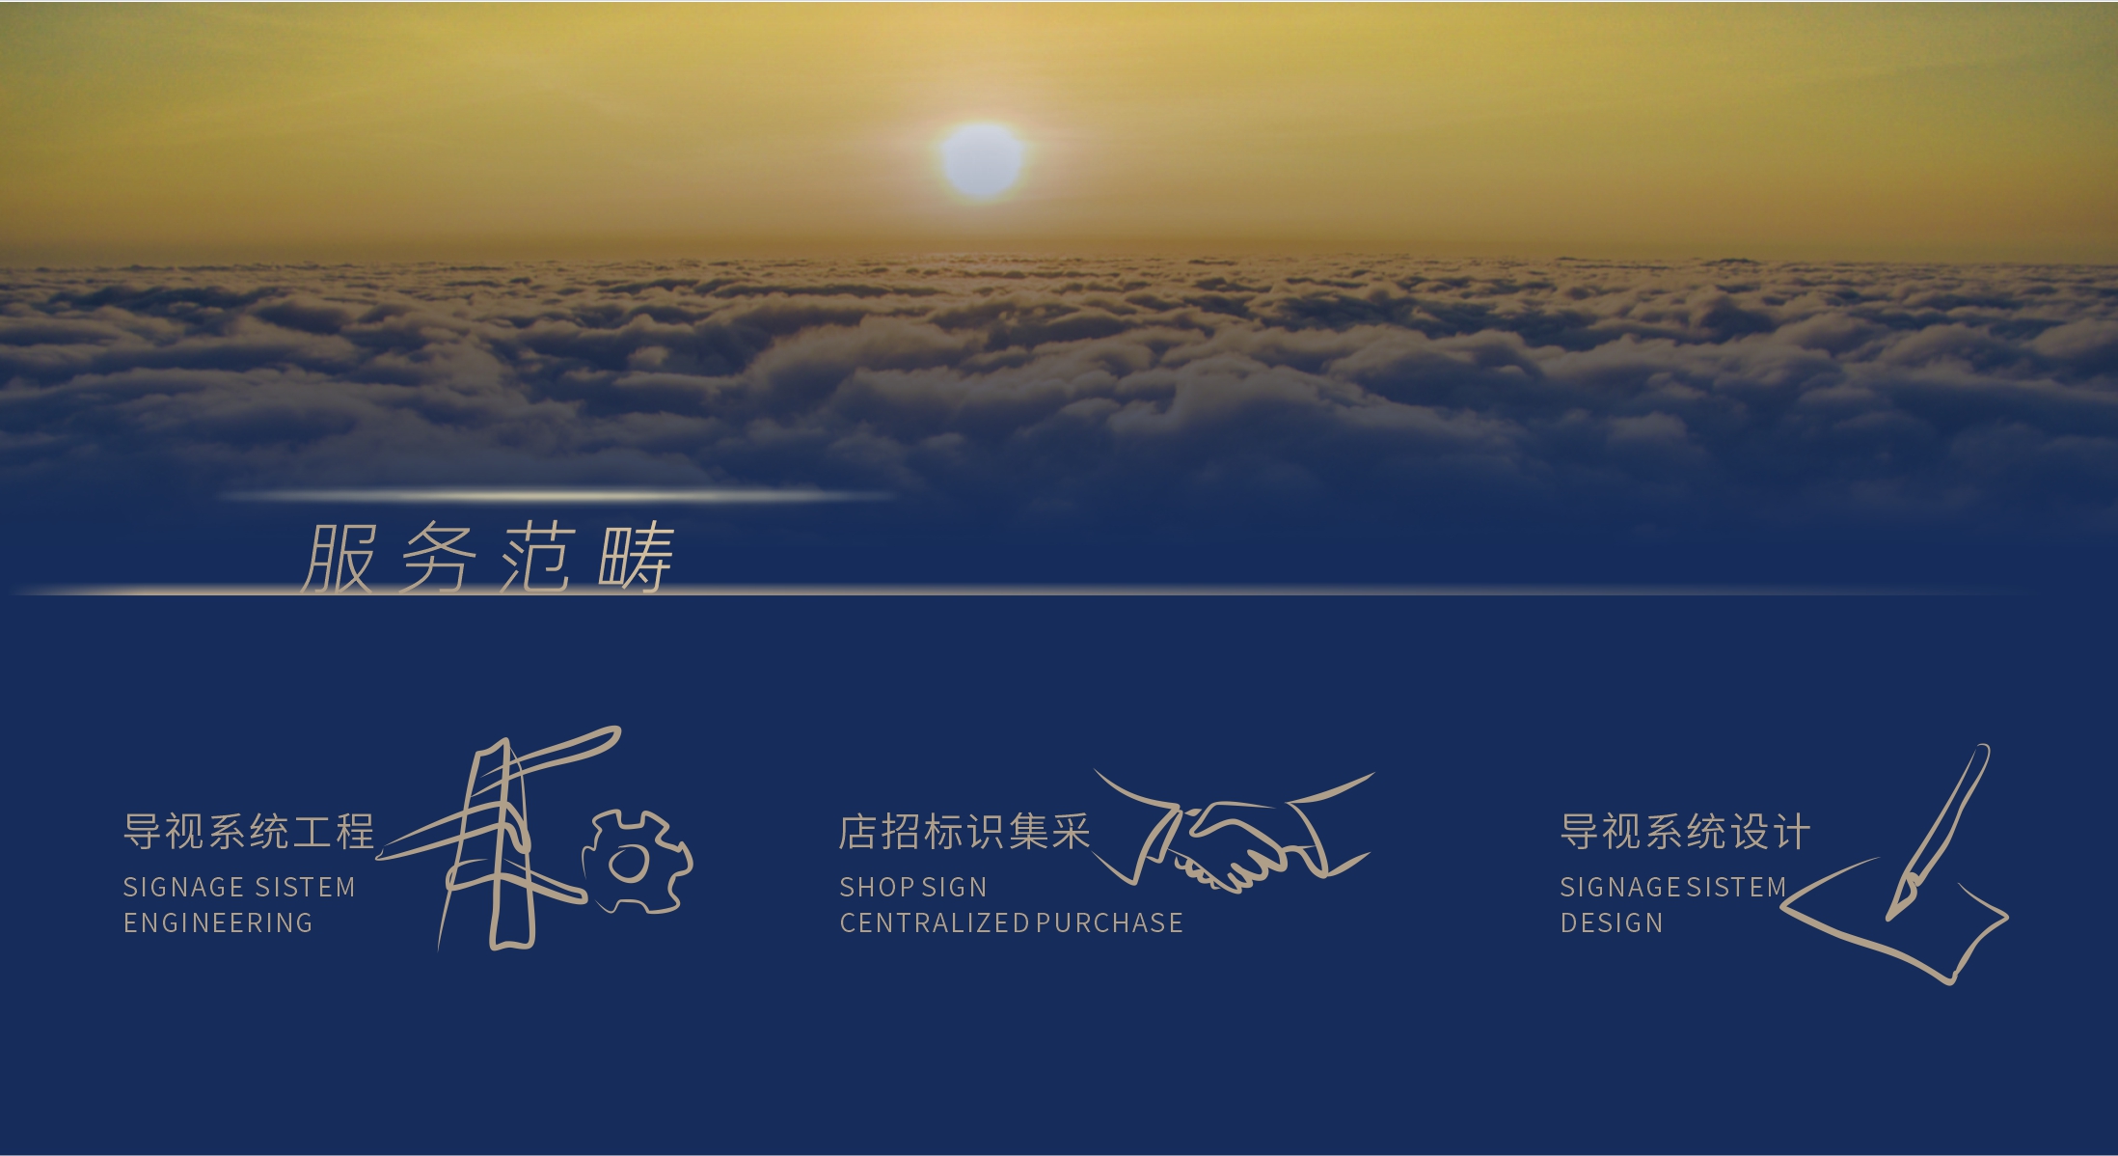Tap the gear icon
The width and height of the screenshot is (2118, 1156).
pyautogui.click(x=638, y=862)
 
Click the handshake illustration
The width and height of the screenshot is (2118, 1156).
pyautogui.click(x=1234, y=831)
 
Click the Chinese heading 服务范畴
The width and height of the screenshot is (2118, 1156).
pyautogui.click(x=488, y=558)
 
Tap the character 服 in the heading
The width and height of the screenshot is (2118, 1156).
pyautogui.click(x=338, y=558)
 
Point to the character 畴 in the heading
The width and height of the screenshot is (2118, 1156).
pyautogui.click(x=636, y=558)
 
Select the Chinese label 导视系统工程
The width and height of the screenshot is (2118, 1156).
pyautogui.click(x=249, y=831)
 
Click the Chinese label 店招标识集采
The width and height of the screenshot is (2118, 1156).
pyautogui.click(x=964, y=831)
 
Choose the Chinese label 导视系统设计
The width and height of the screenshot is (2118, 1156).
pyautogui.click(x=1686, y=831)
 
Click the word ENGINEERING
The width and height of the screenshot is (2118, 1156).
pyautogui.click(x=218, y=922)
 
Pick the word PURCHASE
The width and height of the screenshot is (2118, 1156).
pyautogui.click(x=1109, y=922)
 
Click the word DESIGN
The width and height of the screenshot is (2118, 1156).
pyautogui.click(x=1612, y=922)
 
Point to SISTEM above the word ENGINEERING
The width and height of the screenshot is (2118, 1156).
pyautogui.click(x=305, y=887)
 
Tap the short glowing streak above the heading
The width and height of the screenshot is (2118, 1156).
pyautogui.click(x=557, y=496)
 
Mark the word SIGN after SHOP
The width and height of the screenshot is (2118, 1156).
pyautogui.click(x=955, y=887)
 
